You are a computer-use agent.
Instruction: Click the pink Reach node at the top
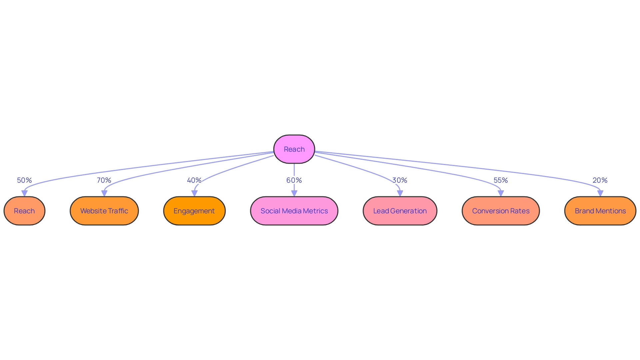[x=294, y=149]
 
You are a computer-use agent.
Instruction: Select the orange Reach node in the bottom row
[x=24, y=211]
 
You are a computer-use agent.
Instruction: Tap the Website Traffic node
[x=104, y=211]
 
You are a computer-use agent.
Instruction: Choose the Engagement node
[x=194, y=211]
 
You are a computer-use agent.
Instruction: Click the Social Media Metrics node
[x=294, y=211]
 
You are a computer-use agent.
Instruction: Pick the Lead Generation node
[x=400, y=211]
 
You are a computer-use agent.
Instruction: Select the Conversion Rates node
[x=501, y=211]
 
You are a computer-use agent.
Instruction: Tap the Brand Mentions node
[x=600, y=211]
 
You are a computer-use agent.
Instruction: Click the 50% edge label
[x=24, y=180]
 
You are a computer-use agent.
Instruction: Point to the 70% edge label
[x=104, y=180]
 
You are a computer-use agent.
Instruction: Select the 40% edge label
[x=194, y=180]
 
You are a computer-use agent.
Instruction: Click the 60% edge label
[x=294, y=180]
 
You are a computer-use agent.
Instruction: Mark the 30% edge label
[x=400, y=180]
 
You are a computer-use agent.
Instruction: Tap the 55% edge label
[x=501, y=180]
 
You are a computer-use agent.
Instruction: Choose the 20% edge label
[x=600, y=180]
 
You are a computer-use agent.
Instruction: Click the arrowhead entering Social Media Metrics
[x=294, y=193]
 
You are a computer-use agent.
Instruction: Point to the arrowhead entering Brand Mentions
[x=600, y=193]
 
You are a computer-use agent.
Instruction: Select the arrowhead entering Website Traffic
[x=104, y=193]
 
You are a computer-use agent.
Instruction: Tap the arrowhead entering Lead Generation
[x=400, y=193]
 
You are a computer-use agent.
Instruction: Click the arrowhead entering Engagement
[x=194, y=193]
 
